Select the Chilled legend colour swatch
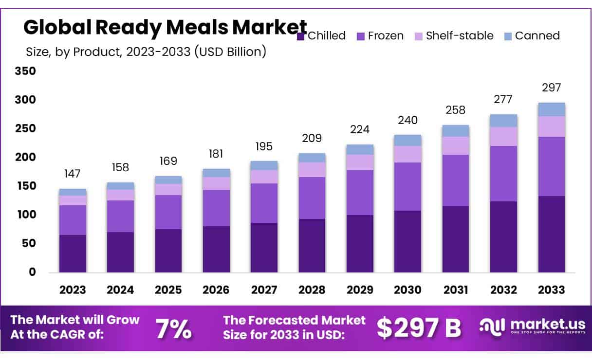click(x=301, y=36)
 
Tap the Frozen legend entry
click(x=380, y=36)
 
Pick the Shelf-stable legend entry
click(x=453, y=36)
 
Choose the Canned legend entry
click(x=531, y=36)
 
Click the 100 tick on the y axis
click(x=26, y=215)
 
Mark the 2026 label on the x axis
click(x=216, y=290)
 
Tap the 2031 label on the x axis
click(x=456, y=290)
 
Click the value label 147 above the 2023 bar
click(x=73, y=174)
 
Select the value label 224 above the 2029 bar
click(x=360, y=129)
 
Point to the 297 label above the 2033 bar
click(x=551, y=88)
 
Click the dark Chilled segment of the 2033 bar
click(x=551, y=234)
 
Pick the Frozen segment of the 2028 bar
click(x=312, y=198)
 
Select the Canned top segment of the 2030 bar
click(x=407, y=140)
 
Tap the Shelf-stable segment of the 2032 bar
click(x=503, y=136)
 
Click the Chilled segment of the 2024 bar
click(x=120, y=252)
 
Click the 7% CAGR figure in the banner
click(x=173, y=329)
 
